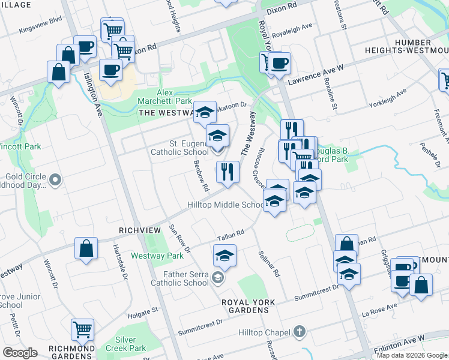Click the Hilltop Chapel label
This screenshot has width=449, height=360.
point(265,332)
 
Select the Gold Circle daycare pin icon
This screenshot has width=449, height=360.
point(55,179)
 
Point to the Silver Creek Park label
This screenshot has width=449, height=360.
point(126,344)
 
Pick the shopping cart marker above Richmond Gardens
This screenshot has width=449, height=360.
point(82,329)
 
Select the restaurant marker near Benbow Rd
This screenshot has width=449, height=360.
point(228,173)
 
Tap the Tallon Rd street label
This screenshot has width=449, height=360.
point(231,235)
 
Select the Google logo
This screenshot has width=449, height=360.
point(20,353)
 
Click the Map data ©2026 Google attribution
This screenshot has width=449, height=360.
point(412,355)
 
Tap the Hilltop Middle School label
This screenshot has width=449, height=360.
point(226,205)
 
